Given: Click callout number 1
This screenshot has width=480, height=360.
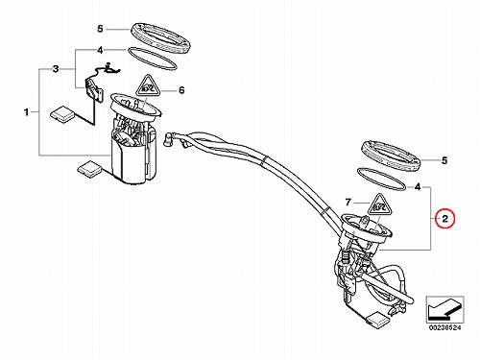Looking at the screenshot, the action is point(26,112).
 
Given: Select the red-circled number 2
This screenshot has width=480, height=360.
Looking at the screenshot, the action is point(444,219).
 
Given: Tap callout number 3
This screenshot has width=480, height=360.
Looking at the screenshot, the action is point(56,69).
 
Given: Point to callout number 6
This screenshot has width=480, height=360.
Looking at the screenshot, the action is point(181,90).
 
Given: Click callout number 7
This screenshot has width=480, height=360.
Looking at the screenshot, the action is point(348,203).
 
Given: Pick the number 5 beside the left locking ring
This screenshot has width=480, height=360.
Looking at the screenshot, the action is point(100,29).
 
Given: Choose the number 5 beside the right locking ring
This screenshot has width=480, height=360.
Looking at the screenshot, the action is point(444,160).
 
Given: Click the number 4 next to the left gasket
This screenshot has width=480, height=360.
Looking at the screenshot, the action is point(100,50).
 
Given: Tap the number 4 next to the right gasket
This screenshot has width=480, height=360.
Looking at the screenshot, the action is point(418,187).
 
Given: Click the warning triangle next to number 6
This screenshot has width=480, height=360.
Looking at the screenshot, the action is point(148,86).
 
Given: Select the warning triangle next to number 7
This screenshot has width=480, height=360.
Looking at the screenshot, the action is point(380,205).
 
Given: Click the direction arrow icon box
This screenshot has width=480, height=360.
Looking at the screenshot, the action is point(444,310).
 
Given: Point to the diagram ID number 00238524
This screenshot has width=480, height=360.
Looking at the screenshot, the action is point(445,327).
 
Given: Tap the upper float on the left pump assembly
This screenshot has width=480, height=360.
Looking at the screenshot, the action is point(62,114).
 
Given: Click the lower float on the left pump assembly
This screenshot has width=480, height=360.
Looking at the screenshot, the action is point(90,169).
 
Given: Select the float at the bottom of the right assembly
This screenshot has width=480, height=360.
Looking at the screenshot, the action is point(377,321).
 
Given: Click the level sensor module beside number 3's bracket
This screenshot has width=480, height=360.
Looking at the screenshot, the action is point(93,90).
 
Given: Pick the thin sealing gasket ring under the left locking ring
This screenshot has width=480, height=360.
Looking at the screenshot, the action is point(153,59).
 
